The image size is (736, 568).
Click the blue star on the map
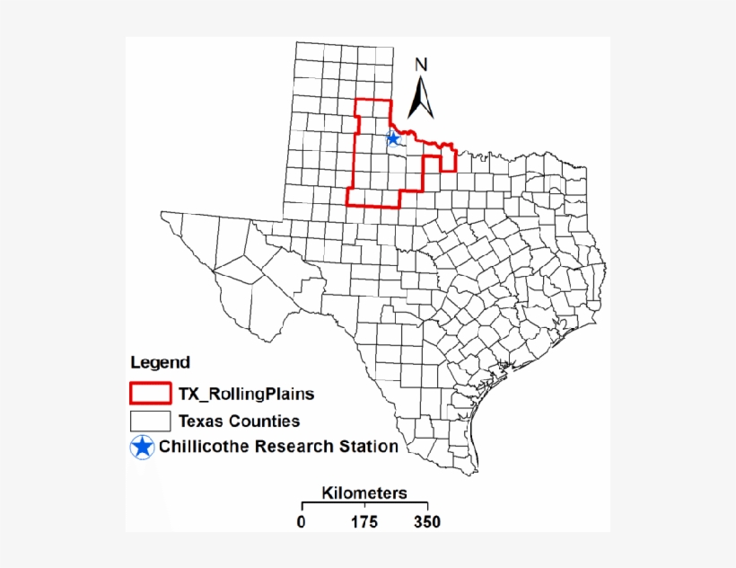392,138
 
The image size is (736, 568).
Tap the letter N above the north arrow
421,65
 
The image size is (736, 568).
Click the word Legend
160,363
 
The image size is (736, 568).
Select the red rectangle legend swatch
150,393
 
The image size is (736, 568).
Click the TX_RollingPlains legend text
246,394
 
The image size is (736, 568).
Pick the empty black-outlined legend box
150,421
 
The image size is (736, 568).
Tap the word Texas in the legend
201,421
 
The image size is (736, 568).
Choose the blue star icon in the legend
142,447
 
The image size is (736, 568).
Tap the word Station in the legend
368,447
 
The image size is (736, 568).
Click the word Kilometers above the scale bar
364,493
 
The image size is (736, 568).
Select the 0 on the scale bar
302,522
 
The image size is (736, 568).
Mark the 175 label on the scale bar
364,522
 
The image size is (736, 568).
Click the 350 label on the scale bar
427,522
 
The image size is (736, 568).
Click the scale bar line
364,506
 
